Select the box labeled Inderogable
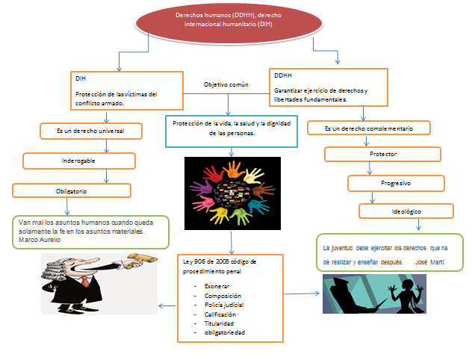(x=78, y=161)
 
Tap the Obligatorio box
(x=71, y=190)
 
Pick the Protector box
(x=382, y=154)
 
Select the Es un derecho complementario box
(x=368, y=128)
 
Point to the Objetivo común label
(x=226, y=85)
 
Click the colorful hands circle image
(x=232, y=192)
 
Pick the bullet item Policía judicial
(x=224, y=305)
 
